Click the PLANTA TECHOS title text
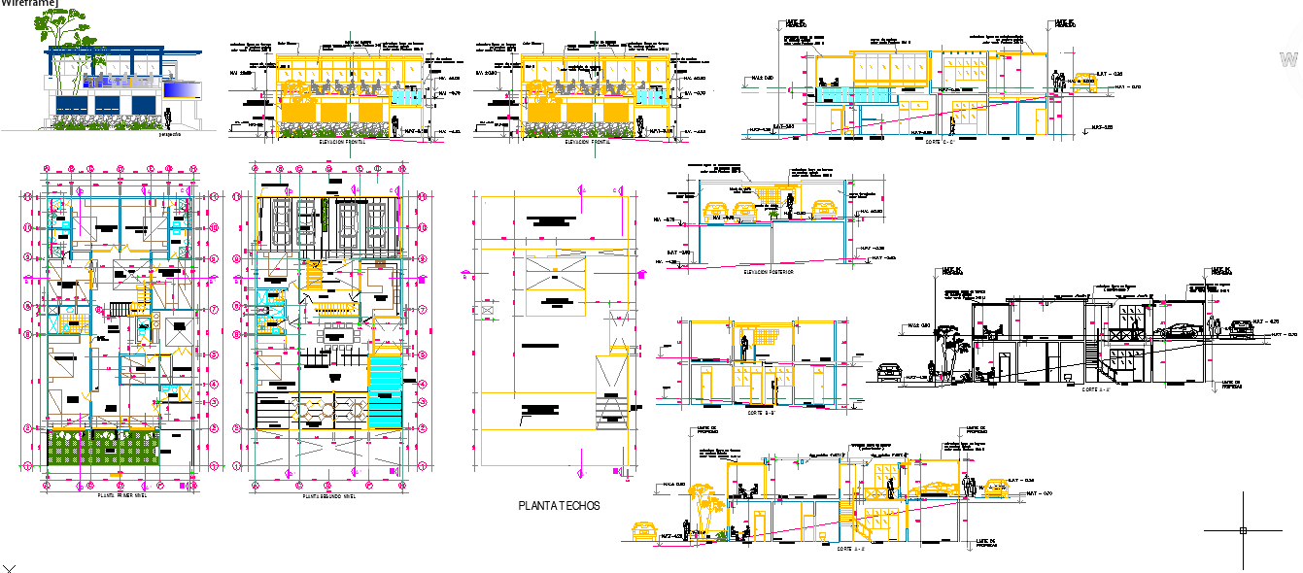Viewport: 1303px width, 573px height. (559, 505)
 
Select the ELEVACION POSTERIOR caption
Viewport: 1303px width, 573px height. (768, 272)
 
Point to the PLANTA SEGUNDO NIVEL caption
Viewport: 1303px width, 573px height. (328, 494)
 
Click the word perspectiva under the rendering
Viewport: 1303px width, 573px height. (171, 135)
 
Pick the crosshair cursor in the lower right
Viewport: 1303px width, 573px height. (1243, 530)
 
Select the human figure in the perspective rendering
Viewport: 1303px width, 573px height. (168, 119)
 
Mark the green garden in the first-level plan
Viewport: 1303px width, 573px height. (104, 453)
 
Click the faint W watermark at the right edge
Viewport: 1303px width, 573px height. (1293, 57)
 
